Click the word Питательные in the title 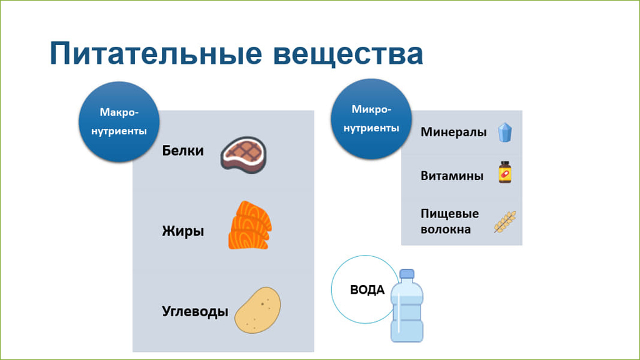(x=156, y=54)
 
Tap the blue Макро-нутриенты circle (x=119, y=122)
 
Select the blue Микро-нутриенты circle (x=371, y=119)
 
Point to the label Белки (x=183, y=151)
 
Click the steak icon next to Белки (x=244, y=155)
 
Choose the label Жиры (x=183, y=231)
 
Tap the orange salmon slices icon (x=250, y=225)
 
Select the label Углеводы (x=195, y=311)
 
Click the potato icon (x=257, y=310)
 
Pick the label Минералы (x=454, y=132)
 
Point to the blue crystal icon (x=505, y=132)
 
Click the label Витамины (x=452, y=176)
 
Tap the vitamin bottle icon (x=505, y=172)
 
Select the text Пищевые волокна (x=449, y=221)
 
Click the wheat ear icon (x=505, y=222)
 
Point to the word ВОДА (x=367, y=290)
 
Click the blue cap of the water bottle (x=407, y=274)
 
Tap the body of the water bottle (x=407, y=312)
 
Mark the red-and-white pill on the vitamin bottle (x=505, y=174)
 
